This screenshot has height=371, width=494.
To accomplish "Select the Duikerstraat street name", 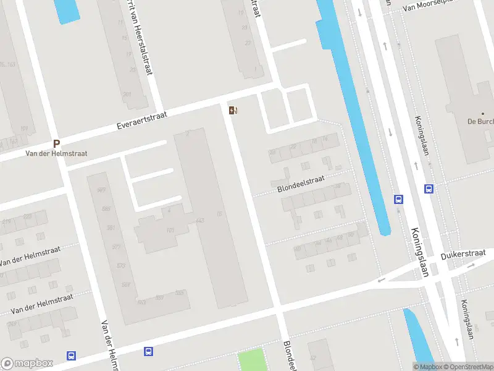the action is coord(463,255).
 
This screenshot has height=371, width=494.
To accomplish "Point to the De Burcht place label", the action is coord(480,121).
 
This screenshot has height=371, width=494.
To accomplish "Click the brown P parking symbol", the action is coord(56,143).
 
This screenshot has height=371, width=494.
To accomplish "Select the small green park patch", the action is coord(251,360).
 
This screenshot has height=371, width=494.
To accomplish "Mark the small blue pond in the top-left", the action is coord(66,11).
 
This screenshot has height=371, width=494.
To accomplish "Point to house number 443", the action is coord(199,221).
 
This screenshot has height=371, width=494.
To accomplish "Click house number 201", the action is coord(127,94).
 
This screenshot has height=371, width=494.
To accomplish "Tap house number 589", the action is coord(106,209).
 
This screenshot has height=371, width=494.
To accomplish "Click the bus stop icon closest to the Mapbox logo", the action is coord(72,356).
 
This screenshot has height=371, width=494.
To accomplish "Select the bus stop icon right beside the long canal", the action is coord(399,199).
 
